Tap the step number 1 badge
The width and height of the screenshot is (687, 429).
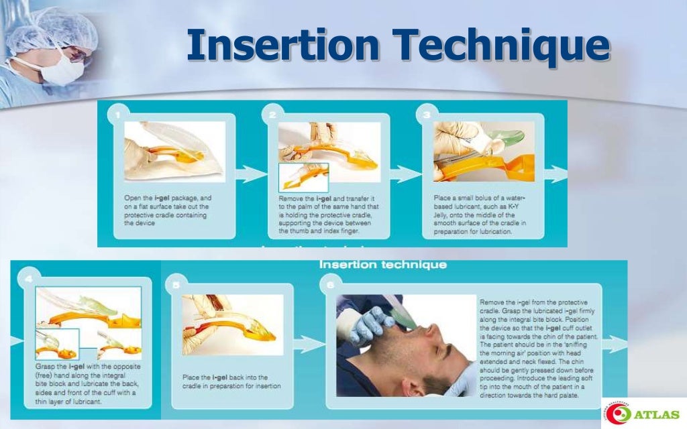[x=118, y=115]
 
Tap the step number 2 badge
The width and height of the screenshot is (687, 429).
[x=273, y=115]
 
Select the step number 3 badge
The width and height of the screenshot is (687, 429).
[x=427, y=115]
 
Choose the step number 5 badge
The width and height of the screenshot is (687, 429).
[x=176, y=285]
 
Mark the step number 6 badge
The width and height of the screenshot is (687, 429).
[x=331, y=285]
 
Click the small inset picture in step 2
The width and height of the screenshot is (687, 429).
[x=303, y=178]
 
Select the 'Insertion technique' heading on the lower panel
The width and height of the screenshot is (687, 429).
[x=382, y=265]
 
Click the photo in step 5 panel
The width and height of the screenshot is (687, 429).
[x=233, y=325]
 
